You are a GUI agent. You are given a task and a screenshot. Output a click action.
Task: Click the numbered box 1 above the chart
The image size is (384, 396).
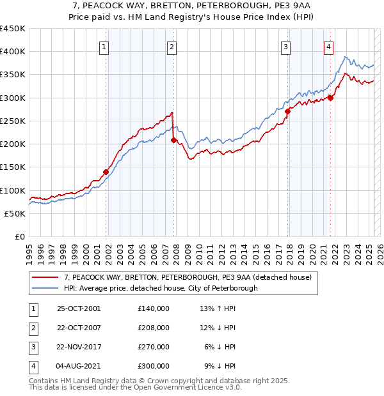pyautogui.click(x=104, y=46)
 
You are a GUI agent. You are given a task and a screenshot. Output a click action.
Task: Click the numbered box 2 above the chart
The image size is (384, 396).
pyautogui.click(x=172, y=46)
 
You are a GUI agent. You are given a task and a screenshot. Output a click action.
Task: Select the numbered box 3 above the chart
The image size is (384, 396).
pyautogui.click(x=285, y=46)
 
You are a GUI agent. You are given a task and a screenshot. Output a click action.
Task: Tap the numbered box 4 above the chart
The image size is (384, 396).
pyautogui.click(x=328, y=46)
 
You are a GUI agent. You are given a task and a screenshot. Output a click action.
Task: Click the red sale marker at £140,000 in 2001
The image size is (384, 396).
pyautogui.click(x=106, y=172)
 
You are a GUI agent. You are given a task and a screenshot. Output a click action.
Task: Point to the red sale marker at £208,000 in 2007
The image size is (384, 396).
pyautogui.click(x=174, y=140)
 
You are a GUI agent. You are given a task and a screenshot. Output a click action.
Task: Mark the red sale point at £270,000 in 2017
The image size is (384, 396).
pyautogui.click(x=288, y=111)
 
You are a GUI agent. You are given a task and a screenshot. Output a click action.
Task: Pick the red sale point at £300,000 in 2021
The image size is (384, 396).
pyautogui.click(x=330, y=98)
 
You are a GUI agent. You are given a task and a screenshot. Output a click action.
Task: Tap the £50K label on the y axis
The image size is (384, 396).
pyautogui.click(x=15, y=213)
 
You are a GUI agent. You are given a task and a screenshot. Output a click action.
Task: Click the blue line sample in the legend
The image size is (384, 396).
pyautogui.click(x=46, y=288)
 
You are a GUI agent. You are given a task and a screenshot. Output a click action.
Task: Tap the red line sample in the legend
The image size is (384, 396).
pyautogui.click(x=46, y=277)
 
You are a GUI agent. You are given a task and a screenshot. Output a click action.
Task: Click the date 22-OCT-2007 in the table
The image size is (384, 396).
pyautogui.click(x=79, y=328)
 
